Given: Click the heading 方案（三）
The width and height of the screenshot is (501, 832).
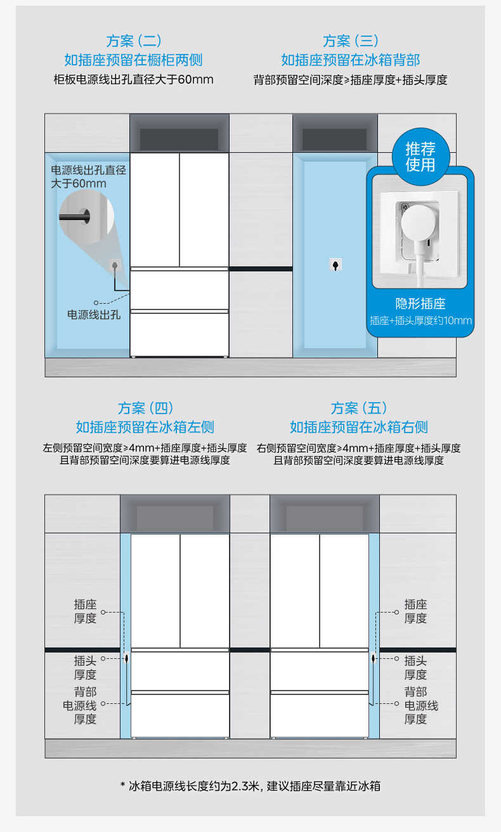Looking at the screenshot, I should point(350,41).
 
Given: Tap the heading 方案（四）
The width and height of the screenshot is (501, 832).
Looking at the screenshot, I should point(145,408).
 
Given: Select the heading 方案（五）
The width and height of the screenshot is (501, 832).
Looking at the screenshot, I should point(358,408).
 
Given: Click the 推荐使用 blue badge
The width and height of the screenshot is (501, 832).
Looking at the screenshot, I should point(420,157).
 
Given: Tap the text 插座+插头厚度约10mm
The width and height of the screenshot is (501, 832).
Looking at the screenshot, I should point(420,320).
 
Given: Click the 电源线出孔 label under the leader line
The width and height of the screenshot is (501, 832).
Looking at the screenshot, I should point(94,315).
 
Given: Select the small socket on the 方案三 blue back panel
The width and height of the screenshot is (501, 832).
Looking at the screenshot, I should point(335,264).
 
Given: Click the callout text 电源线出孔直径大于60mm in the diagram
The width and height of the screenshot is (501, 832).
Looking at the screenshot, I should point(88,177).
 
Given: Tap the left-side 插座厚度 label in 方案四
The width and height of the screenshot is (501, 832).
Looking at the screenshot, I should point(85,611).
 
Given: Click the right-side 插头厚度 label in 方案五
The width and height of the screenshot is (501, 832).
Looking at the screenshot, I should point(415,668).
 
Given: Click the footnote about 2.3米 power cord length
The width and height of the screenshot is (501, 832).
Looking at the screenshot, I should point(251,786).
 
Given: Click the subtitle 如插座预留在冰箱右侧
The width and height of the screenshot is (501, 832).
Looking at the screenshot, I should point(358,427).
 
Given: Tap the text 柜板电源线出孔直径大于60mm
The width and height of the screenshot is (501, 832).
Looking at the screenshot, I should point(133,80).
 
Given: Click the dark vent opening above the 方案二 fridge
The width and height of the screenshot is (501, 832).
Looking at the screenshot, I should point(179,139).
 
